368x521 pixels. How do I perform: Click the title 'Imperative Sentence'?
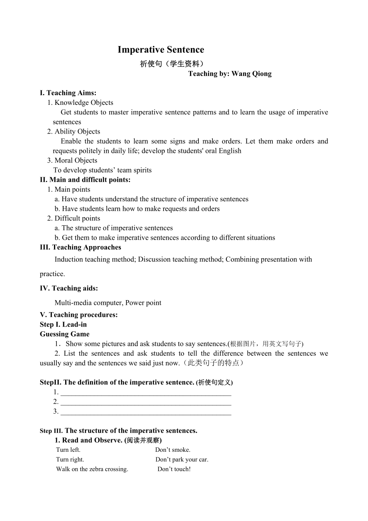point(161,50)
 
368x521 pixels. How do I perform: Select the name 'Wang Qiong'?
point(252,74)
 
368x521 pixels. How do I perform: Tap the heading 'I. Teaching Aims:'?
point(68,93)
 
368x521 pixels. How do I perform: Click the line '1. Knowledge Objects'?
point(80,102)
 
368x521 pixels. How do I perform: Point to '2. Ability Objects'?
point(74,131)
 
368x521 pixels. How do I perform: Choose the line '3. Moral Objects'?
point(72,160)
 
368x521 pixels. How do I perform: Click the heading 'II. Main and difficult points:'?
point(85,180)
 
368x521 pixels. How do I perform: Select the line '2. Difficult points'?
point(74,218)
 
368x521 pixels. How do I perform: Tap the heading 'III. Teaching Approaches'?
point(80,247)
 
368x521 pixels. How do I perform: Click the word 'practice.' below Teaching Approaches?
point(52,274)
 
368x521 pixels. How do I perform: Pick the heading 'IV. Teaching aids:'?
point(69,288)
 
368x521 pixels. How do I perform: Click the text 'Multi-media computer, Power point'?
point(108,303)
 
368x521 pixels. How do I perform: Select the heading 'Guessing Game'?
point(64,334)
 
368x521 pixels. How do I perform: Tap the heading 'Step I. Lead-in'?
point(63,325)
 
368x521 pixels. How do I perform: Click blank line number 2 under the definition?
point(146,402)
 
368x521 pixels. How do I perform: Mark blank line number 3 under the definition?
point(146,412)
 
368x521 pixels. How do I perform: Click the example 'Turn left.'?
point(68,450)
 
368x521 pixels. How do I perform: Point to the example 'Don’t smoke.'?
point(173,450)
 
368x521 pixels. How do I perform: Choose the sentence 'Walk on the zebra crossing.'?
point(92,469)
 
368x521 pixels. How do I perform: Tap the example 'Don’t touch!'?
point(174,469)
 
